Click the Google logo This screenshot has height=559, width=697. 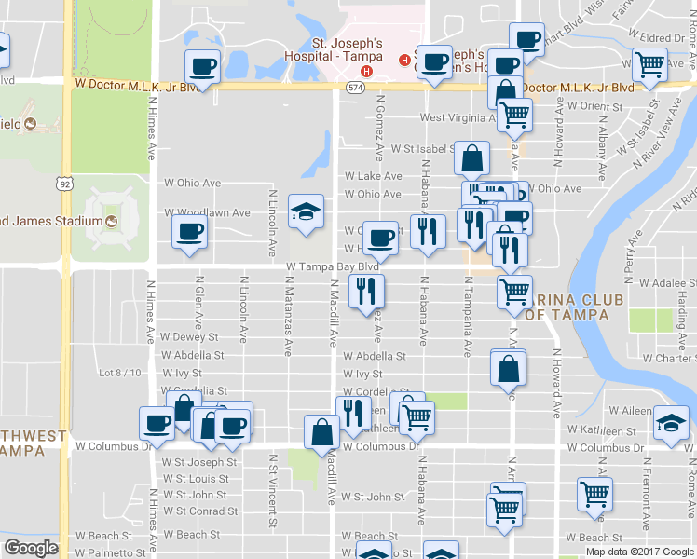[31, 548]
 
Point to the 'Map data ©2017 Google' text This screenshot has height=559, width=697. [638, 552]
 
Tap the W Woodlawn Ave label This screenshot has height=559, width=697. [208, 212]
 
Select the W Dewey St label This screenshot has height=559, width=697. [189, 337]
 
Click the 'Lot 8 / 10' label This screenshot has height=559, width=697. [120, 373]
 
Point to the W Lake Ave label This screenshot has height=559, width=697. [373, 176]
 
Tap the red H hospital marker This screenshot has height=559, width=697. [367, 72]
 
